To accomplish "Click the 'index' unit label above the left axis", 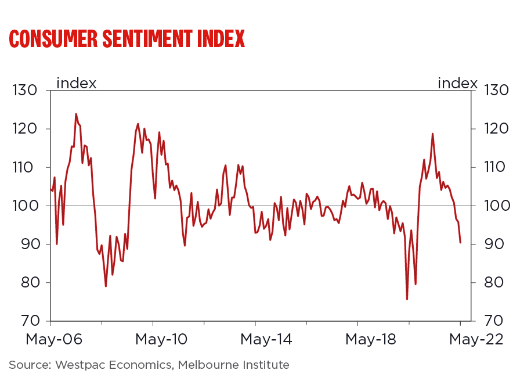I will coord(76,83).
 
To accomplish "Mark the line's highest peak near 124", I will coord(76,114).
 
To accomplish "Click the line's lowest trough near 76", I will coord(407,299).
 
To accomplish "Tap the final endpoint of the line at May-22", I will coord(460,242).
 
